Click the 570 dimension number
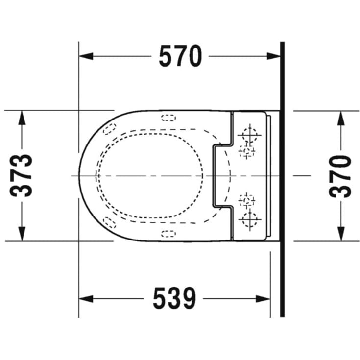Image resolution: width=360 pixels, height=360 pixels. click(180, 56)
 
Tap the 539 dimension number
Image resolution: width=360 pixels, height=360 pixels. click(174, 298)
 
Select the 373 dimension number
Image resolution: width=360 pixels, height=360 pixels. click(21, 176)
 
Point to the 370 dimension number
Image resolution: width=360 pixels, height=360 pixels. click(340, 176)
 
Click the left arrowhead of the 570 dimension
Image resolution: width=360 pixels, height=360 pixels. click(86, 56)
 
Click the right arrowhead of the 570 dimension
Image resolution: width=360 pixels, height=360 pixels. click(274, 56)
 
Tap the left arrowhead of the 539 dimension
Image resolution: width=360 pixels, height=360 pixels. click(86, 299)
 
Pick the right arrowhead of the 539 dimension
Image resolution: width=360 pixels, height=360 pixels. click(263, 299)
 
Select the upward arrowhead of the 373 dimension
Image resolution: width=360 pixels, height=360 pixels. click(22, 118)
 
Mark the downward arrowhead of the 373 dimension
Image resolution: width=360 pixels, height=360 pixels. click(22, 234)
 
